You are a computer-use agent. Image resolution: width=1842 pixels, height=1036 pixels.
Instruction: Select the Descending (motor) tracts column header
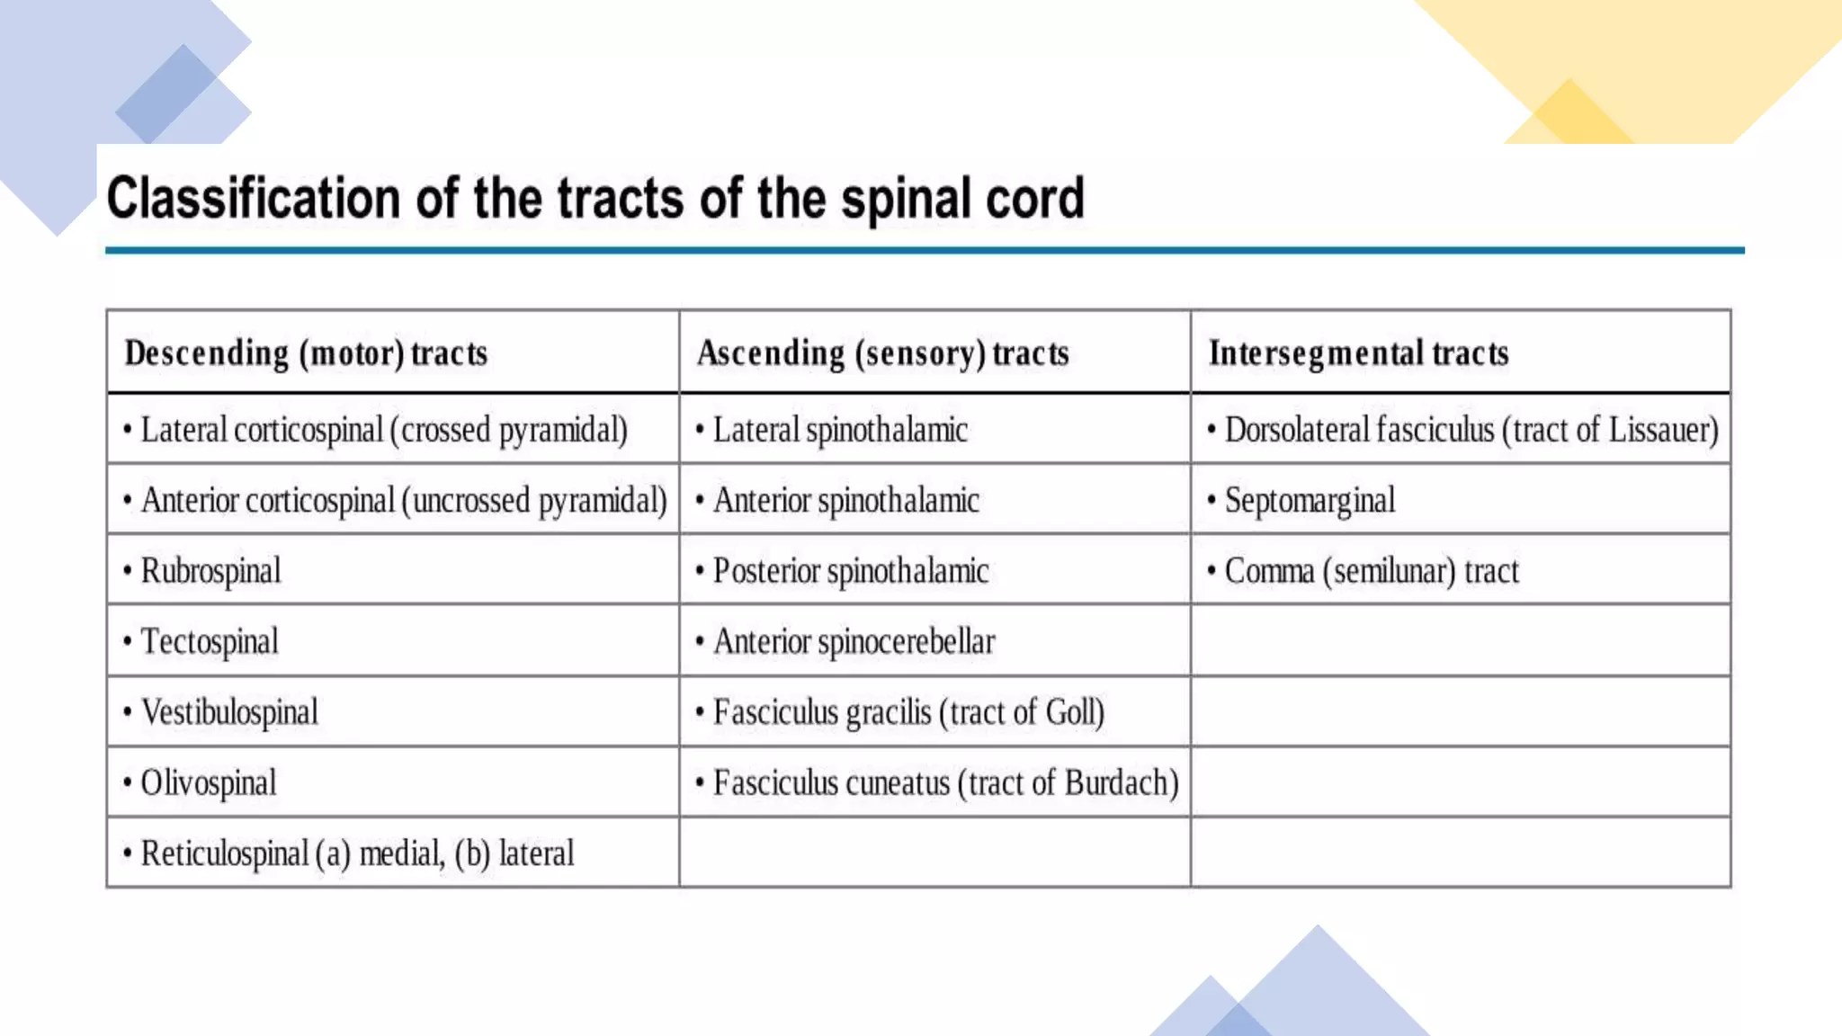[x=306, y=353]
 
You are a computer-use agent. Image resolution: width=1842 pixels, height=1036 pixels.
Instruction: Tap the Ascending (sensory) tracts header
[x=882, y=353]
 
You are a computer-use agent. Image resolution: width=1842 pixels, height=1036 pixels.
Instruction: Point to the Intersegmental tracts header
[x=1358, y=353]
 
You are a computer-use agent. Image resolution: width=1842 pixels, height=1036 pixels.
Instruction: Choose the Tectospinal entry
[x=209, y=642]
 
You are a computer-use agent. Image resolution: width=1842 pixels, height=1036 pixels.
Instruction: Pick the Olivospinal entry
[x=208, y=783]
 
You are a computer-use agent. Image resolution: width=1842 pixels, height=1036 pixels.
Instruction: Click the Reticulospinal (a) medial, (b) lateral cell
[x=356, y=853]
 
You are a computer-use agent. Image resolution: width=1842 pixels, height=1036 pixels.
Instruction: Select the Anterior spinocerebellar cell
[x=854, y=642]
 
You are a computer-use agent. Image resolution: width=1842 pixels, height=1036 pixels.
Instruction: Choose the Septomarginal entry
[x=1310, y=501]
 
